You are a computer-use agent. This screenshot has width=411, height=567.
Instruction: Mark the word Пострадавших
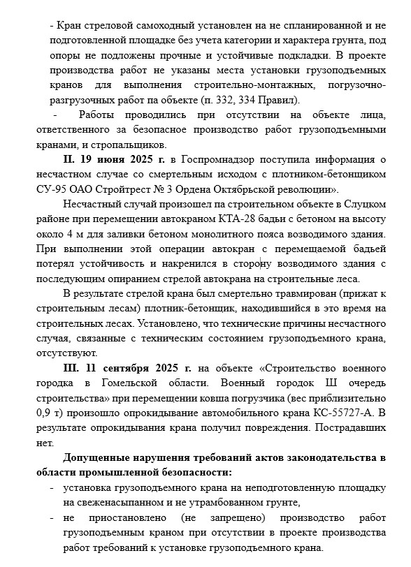350,427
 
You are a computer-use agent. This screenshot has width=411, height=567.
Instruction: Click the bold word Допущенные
97,458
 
